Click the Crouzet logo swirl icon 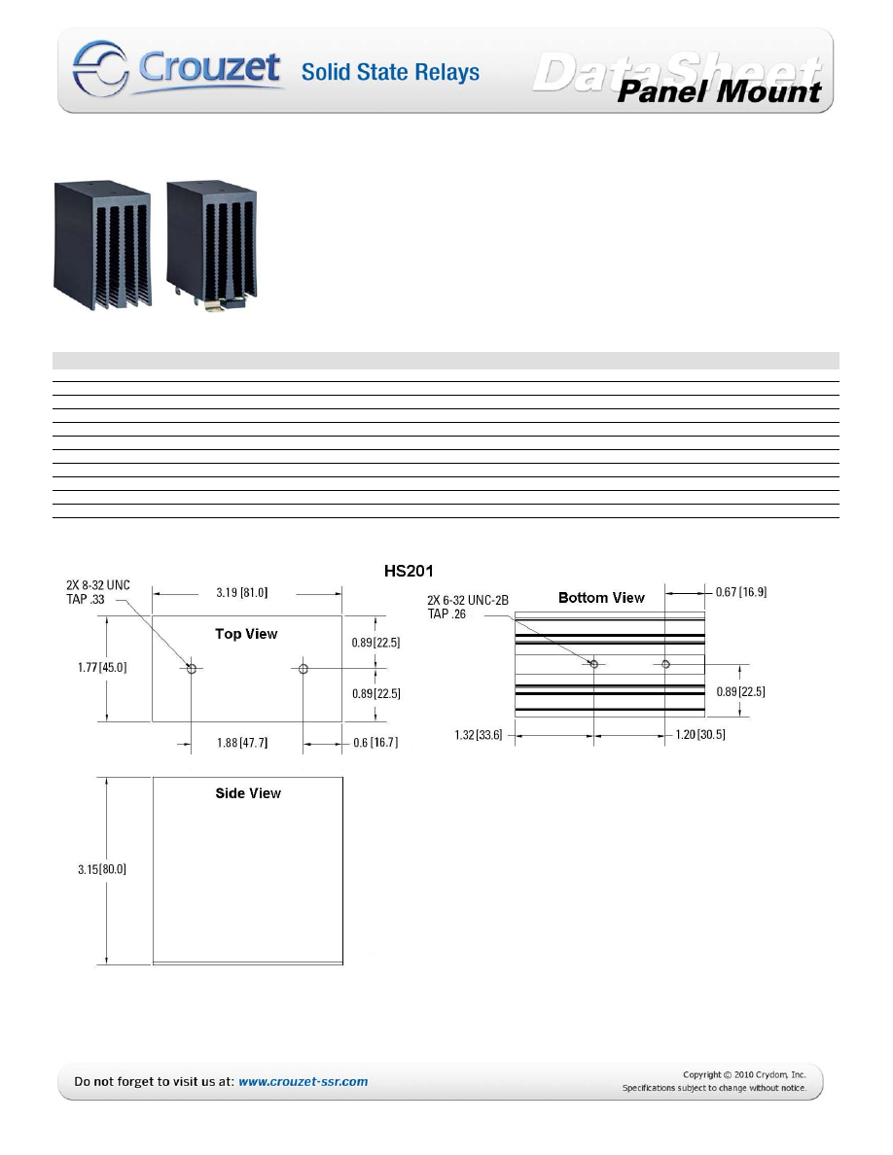click(101, 68)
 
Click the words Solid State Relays click(390, 72)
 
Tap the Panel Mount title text click(718, 91)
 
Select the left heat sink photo click(102, 245)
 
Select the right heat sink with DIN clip click(212, 245)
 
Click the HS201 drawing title click(409, 571)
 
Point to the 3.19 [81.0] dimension click(241, 592)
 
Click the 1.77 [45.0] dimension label click(102, 667)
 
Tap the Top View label click(246, 634)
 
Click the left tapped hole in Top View click(192, 669)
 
